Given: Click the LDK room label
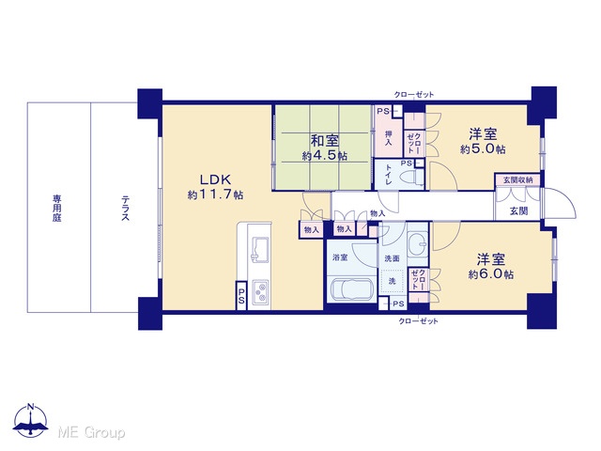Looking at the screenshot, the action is click(215, 179).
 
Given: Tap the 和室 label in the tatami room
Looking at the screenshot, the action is click(325, 141).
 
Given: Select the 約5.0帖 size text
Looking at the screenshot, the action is click(483, 148).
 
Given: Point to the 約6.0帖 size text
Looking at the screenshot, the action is click(490, 274).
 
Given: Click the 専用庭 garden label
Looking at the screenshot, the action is click(57, 209).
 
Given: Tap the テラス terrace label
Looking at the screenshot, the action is click(125, 209).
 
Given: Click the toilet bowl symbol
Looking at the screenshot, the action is click(411, 178).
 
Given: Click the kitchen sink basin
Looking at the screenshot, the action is click(259, 249).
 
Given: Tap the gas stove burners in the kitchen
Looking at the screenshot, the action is click(260, 292).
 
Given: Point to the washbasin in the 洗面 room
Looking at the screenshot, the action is click(418, 244).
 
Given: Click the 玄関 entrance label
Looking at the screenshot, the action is click(518, 210).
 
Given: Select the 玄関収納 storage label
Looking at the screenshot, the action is click(517, 179).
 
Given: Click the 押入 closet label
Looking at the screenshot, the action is click(388, 138).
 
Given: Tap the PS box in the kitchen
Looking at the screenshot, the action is click(241, 296).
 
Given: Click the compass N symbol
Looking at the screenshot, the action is click(30, 420).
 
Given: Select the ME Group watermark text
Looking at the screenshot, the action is click(91, 432).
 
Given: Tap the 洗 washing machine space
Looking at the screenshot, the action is click(392, 281).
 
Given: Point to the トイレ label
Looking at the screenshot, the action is click(388, 175).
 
